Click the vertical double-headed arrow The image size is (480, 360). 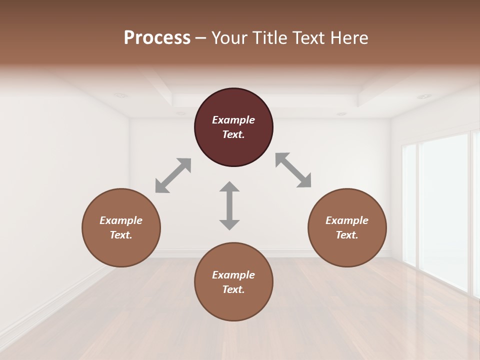point(229,205)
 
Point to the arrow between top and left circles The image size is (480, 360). point(173,175)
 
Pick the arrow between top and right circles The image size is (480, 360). point(293,170)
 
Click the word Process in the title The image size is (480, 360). point(157,37)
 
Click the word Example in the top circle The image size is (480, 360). point(233,120)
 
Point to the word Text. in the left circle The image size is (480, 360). point(121,235)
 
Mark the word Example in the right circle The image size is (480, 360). point(347,220)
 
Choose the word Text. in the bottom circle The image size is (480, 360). point(233,289)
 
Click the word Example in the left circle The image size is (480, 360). point(121,220)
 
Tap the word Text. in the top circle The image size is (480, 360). point(233,134)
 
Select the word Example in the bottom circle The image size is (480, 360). point(233,275)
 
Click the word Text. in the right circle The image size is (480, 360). point(347,235)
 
